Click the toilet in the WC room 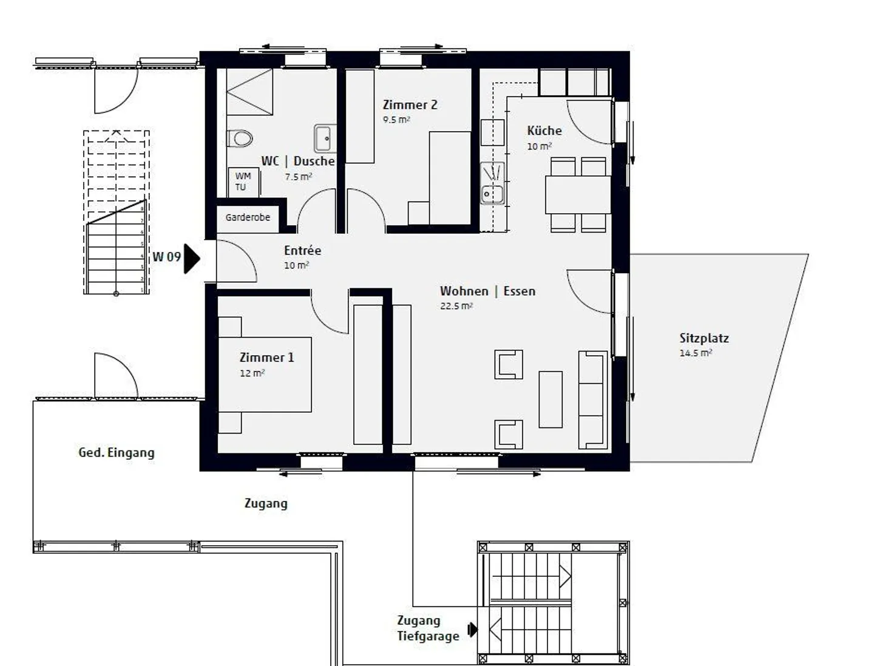pos(240,138)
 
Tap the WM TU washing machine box pos(243,182)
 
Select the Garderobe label pos(248,217)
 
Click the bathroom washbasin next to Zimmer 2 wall pos(324,138)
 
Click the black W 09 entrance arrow pos(191,259)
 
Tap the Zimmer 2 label pos(410,104)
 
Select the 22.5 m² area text pos(456,306)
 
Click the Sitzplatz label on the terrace pos(703,338)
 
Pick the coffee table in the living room pos(550,399)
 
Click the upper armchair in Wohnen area pos(509,364)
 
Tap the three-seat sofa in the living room pos(592,399)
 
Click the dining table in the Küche pos(578,194)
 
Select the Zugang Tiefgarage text pos(428,628)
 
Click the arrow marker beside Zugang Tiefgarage pos(472,630)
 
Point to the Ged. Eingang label pos(117,452)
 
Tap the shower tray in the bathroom pos(249,92)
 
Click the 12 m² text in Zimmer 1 pos(252,373)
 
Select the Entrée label pos(302,250)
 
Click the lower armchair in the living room pos(509,435)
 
